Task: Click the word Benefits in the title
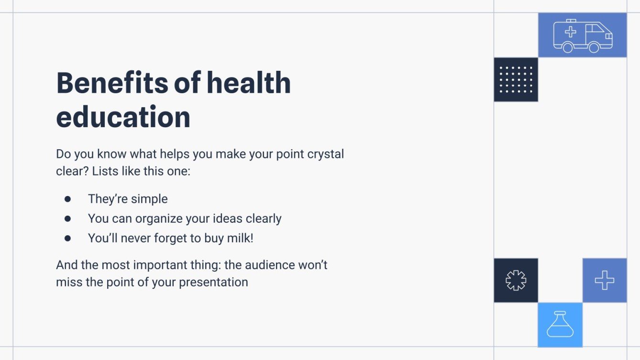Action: (x=111, y=83)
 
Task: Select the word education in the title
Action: (x=123, y=117)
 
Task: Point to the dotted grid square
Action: (x=516, y=80)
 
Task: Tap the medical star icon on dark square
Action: (x=516, y=280)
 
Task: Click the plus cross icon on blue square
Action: (x=604, y=280)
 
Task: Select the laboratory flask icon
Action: (x=560, y=325)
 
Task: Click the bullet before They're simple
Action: (x=67, y=199)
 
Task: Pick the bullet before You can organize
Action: (x=67, y=218)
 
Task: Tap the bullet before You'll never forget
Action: (x=67, y=238)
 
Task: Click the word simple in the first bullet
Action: (x=151, y=199)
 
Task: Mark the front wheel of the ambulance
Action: (x=594, y=47)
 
